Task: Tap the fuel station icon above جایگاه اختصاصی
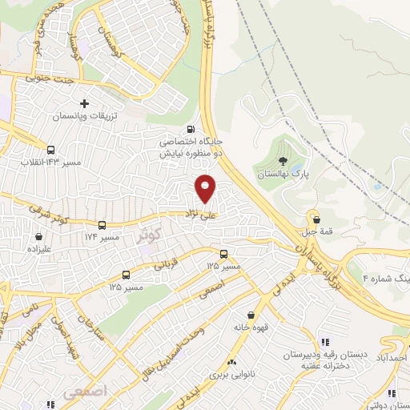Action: [190, 129]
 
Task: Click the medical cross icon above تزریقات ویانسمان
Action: [85, 104]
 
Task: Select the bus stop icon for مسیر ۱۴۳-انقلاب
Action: [51, 149]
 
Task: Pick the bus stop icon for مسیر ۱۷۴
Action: [102, 225]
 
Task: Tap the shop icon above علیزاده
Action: [38, 236]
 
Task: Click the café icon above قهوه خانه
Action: [251, 316]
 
